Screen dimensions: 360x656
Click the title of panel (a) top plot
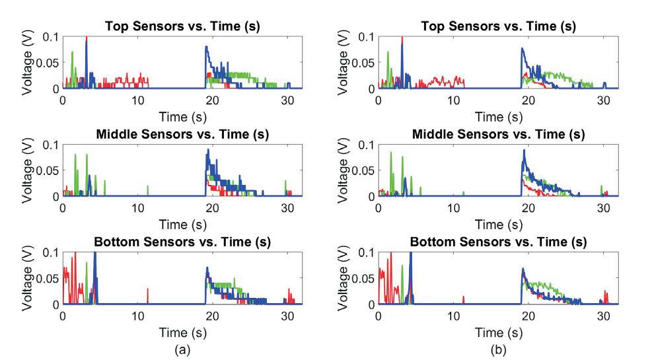point(182,26)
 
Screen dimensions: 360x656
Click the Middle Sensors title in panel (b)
point(498,135)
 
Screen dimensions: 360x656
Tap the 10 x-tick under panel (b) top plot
point(453,100)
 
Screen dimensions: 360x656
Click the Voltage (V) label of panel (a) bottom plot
point(27,280)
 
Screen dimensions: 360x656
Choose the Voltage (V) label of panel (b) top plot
point(343,63)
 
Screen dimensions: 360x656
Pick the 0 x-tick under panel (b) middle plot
point(379,207)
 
